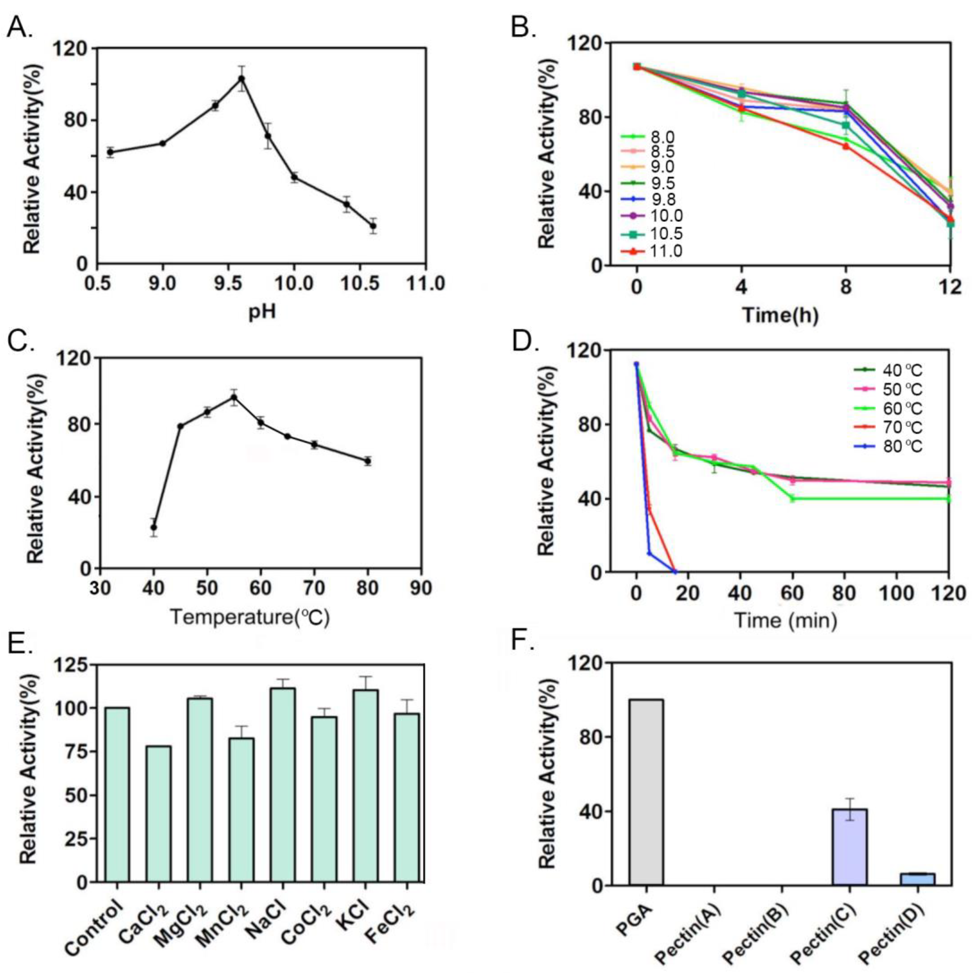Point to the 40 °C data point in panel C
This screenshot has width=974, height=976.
point(153,527)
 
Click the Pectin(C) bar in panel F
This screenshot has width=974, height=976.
point(849,847)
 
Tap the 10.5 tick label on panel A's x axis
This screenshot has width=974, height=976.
point(360,283)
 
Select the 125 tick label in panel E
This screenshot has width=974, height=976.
point(72,665)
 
